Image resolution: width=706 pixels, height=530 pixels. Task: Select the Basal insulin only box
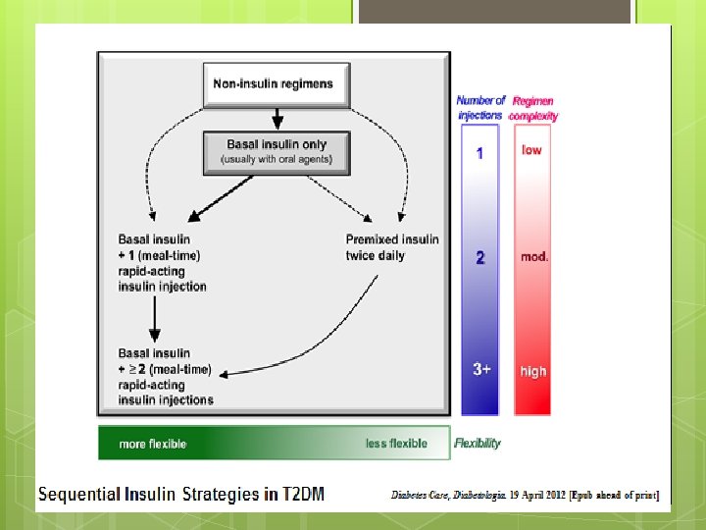point(277,151)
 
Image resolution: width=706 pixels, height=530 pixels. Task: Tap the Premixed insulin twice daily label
point(392,247)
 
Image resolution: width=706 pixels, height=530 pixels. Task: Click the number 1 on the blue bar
point(479,153)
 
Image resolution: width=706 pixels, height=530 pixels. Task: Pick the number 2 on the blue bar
point(480,257)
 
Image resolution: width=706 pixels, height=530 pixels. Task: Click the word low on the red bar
point(531,150)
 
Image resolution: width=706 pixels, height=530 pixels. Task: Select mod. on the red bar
point(534,257)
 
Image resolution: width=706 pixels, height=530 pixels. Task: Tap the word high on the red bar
point(533,371)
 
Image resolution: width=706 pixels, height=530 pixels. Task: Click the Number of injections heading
point(480,107)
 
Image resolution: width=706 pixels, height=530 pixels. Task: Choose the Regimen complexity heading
point(533,107)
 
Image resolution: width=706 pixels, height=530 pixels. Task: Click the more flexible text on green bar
point(153,444)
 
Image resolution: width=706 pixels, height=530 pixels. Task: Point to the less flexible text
point(396,444)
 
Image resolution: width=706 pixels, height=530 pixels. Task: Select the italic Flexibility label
point(478,443)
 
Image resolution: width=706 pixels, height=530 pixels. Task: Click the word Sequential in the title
point(80,494)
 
